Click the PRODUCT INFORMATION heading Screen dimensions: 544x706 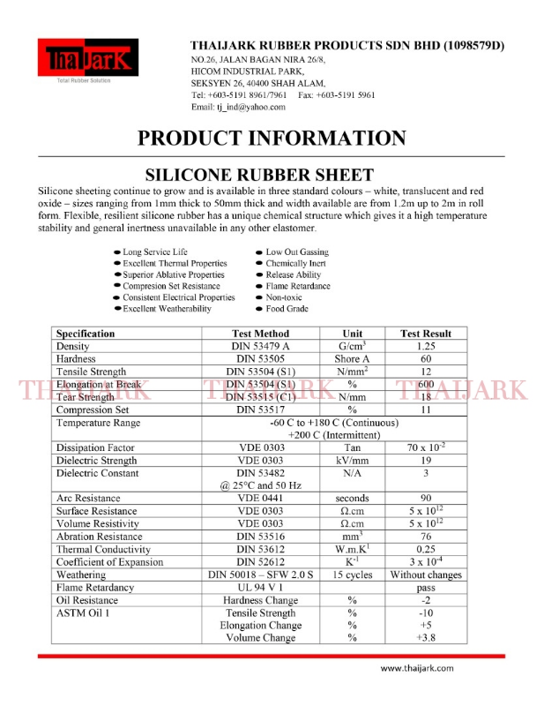(x=272, y=138)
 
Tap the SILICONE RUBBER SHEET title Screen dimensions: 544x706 (x=271, y=175)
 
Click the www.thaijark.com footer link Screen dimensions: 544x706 (x=417, y=668)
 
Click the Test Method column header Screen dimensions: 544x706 (x=259, y=334)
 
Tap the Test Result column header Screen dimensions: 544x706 (x=425, y=334)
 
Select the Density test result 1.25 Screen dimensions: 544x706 (x=426, y=347)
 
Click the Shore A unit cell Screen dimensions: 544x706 (x=352, y=359)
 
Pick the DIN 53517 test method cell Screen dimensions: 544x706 (x=259, y=410)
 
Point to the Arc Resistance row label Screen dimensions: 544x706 (x=88, y=499)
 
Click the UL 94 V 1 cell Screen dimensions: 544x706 (x=259, y=588)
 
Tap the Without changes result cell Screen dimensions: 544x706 (x=426, y=575)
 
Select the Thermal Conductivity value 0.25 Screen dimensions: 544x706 (x=426, y=549)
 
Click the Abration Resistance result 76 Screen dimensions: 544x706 (x=426, y=537)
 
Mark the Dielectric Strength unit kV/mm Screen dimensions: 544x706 (x=352, y=460)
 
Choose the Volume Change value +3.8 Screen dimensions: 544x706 (x=426, y=637)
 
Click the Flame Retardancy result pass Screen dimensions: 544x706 (x=426, y=588)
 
